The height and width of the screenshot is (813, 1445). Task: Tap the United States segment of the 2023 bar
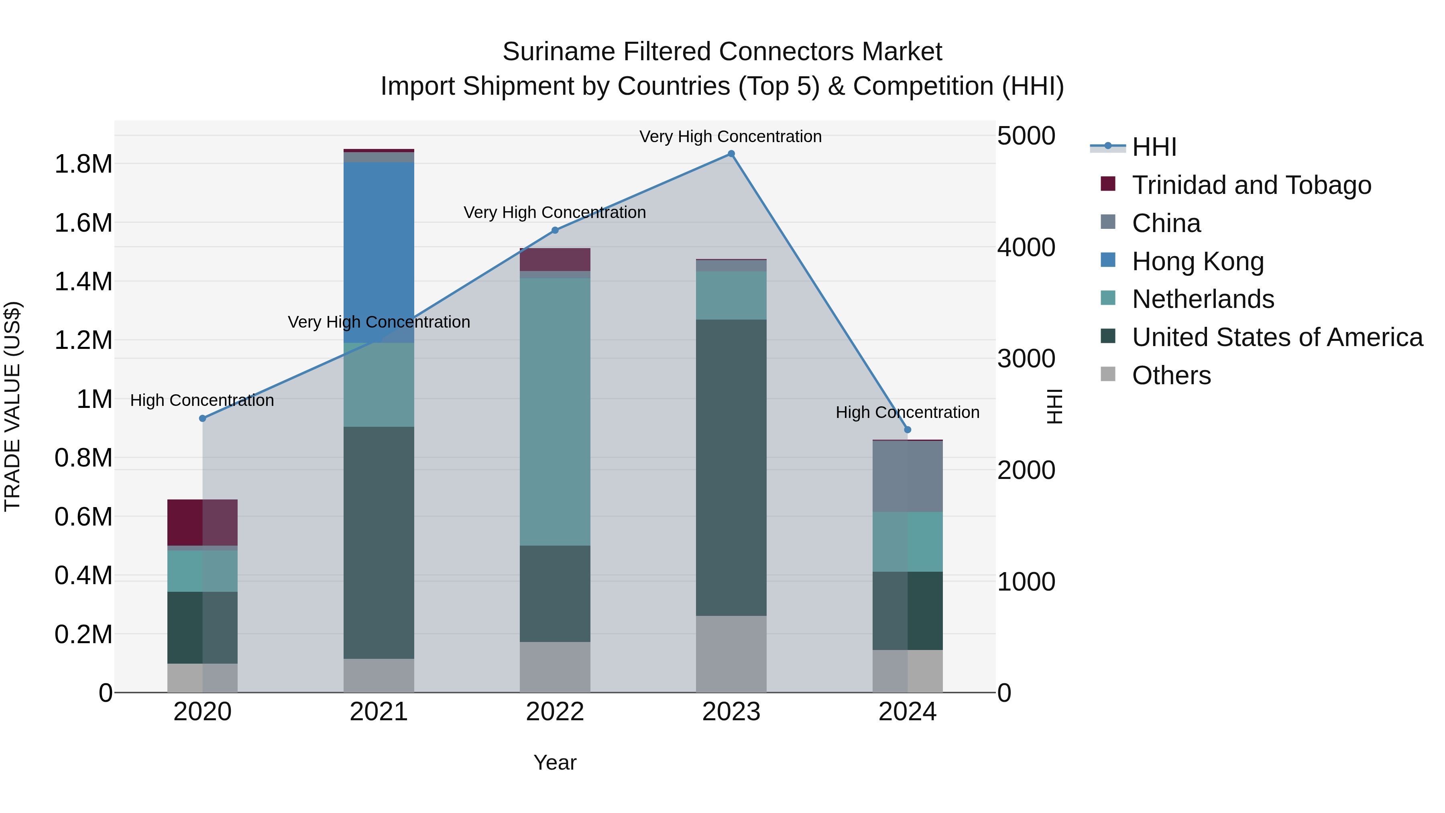point(731,467)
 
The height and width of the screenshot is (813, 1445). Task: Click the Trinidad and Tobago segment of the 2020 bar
point(203,522)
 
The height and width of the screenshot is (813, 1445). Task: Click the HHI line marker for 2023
point(731,154)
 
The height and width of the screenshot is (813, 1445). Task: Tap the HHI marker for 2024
point(908,430)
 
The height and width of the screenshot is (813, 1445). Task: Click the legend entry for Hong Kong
point(1198,261)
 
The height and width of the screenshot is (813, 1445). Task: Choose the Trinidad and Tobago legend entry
point(1251,185)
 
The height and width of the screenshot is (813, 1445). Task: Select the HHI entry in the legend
point(1154,147)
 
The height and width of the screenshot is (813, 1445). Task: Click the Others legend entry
point(1171,375)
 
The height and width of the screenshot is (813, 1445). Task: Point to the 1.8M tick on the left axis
point(83,164)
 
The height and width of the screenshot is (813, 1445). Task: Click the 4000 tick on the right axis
point(1026,247)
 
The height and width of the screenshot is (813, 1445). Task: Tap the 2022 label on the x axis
point(555,712)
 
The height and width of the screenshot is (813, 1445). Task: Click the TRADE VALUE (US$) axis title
point(12,406)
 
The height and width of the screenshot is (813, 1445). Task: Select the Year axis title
point(555,762)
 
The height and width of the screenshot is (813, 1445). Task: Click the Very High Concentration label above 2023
point(731,137)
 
